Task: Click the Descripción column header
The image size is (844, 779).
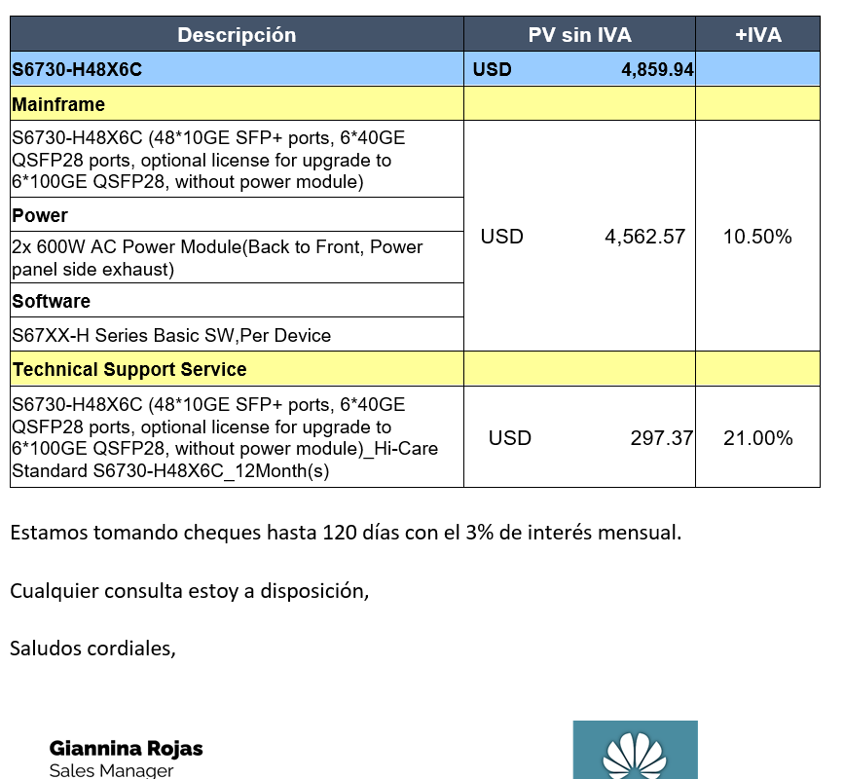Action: pos(237,35)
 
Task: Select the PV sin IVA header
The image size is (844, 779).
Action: pos(579,35)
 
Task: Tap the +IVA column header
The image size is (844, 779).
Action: pos(757,35)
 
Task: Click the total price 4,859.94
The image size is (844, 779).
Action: pos(657,70)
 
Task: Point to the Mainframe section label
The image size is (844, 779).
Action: pos(58,104)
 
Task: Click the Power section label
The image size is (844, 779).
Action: pos(40,215)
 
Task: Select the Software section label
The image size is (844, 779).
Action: pos(52,301)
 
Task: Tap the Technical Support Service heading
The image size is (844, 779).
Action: pos(129,370)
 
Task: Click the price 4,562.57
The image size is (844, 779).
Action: pos(644,237)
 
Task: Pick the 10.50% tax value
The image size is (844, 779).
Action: pos(757,237)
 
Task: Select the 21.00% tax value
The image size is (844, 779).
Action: pos(757,438)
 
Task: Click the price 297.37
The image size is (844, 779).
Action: pos(661,438)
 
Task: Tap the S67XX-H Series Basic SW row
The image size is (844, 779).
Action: pos(171,336)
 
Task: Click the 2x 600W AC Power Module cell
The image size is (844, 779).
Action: pos(217,257)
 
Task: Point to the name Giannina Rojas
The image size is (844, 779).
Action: pos(127,749)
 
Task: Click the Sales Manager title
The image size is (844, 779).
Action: pos(112,770)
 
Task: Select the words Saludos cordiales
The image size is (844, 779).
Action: pos(92,647)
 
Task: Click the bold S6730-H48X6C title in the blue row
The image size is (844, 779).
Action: pos(77,70)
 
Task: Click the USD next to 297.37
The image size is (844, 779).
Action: pos(510,438)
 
